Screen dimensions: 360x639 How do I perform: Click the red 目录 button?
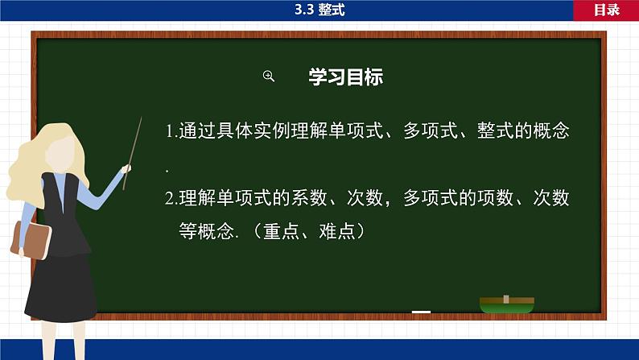606,10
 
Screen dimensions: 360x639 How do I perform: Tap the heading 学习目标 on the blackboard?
345,77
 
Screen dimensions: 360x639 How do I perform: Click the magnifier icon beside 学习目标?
269,77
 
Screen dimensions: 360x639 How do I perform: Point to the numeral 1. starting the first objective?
171,131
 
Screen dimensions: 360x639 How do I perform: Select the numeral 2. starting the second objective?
171,198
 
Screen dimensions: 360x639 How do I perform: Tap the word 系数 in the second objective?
319,198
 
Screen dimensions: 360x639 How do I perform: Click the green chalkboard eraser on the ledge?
507,304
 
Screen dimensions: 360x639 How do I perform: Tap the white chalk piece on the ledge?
421,312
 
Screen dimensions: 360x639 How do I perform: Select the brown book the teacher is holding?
30,238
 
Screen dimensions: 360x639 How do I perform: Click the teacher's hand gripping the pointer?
126,169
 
